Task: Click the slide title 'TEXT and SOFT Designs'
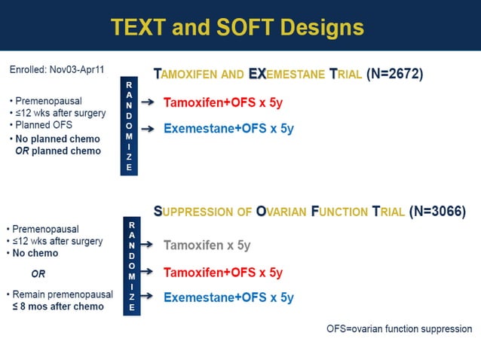pyautogui.click(x=237, y=28)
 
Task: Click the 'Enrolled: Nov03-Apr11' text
pyautogui.click(x=57, y=69)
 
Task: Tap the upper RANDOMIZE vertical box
pyautogui.click(x=129, y=126)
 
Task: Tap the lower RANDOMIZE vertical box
pyautogui.click(x=133, y=266)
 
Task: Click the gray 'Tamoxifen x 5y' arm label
pyautogui.click(x=207, y=246)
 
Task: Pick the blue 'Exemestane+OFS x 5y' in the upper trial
pyautogui.click(x=228, y=128)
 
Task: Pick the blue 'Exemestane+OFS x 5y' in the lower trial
pyautogui.click(x=228, y=297)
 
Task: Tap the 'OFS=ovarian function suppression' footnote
pyautogui.click(x=399, y=329)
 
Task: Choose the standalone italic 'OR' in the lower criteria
pyautogui.click(x=38, y=274)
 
